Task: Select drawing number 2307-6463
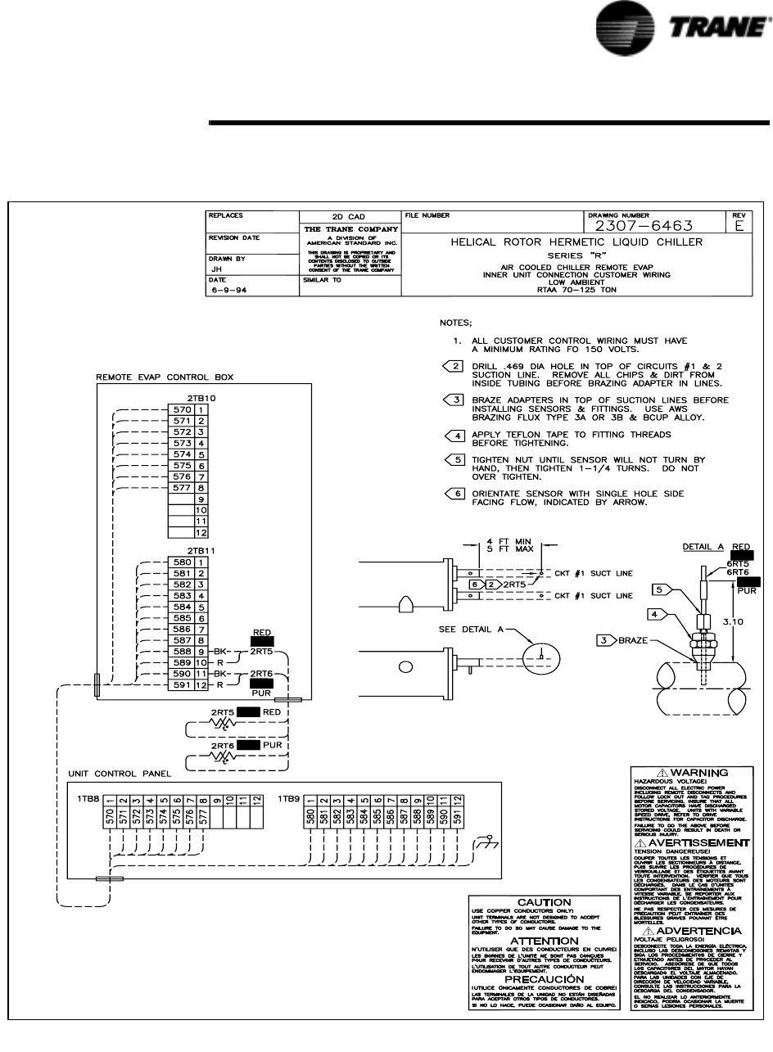tap(644, 226)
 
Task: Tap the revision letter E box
tap(739, 226)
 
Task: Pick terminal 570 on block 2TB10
tap(181, 409)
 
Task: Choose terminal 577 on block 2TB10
tap(181, 487)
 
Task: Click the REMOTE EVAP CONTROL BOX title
tap(165, 377)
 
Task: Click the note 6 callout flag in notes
tap(454, 494)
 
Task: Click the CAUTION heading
tap(544, 901)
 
